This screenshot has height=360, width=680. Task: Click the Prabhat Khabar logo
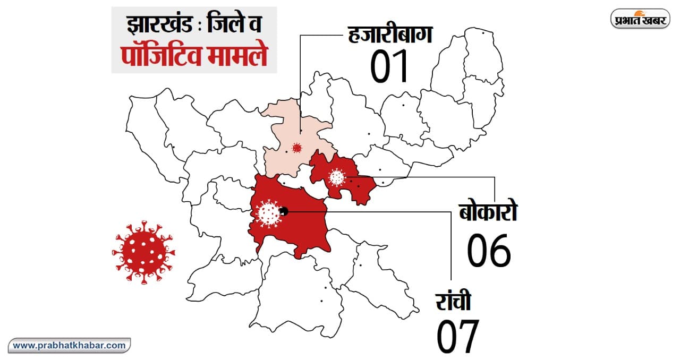pos(641,19)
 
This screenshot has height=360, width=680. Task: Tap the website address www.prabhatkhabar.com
pos(70,345)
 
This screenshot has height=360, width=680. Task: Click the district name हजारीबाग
pos(390,34)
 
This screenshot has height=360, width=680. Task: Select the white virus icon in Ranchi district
pos(268,213)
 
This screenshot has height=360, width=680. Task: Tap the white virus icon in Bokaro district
pos(337,177)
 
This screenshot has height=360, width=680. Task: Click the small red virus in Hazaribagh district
pos(297,148)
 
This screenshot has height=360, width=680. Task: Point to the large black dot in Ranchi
pos(284,211)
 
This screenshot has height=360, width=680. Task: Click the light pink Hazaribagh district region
pos(282,159)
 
